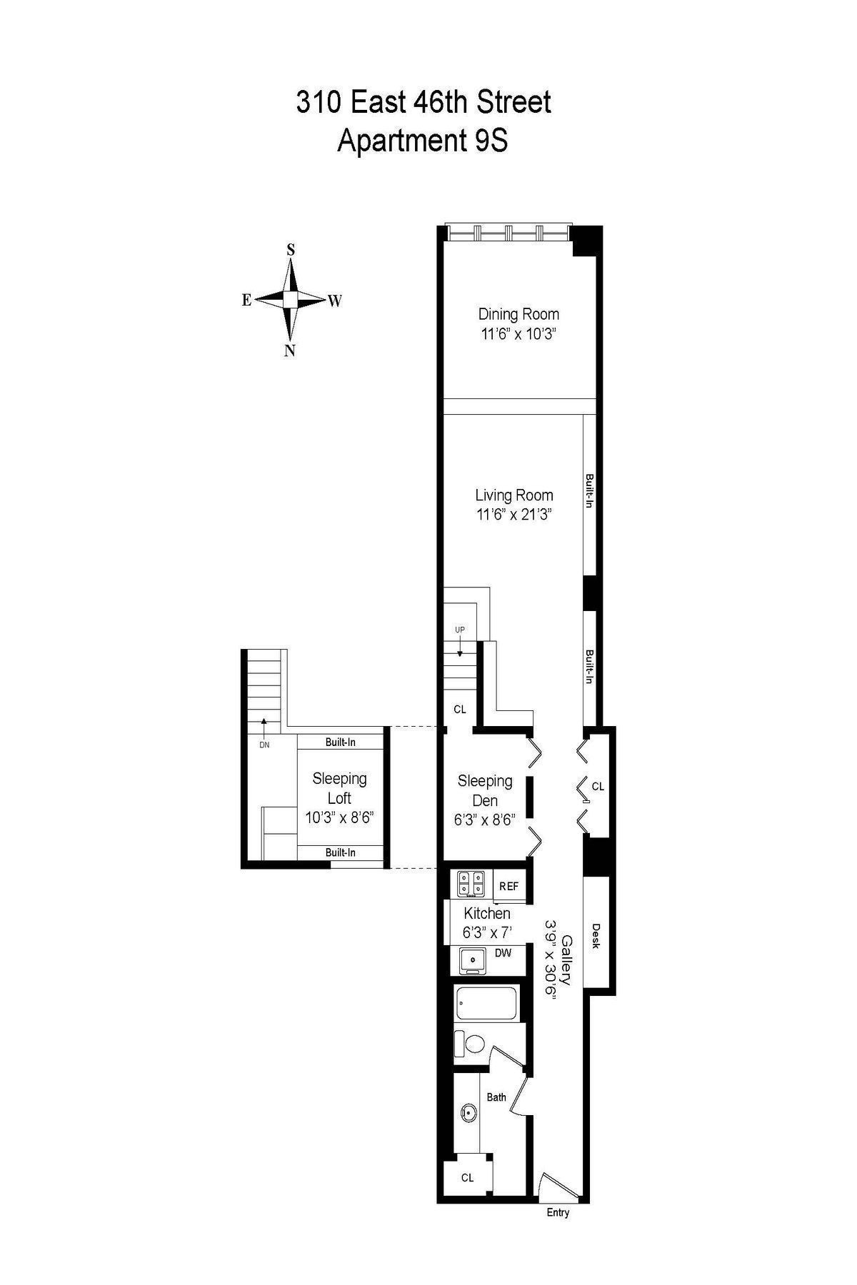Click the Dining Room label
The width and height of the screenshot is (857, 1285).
click(x=518, y=314)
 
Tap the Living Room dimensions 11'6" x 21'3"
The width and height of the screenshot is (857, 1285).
click(x=514, y=514)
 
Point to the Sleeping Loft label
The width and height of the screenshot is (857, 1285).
click(x=339, y=788)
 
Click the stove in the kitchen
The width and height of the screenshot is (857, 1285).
click(x=471, y=884)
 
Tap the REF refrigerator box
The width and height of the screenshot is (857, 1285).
click(x=509, y=886)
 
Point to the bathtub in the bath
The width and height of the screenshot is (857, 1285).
click(x=490, y=1004)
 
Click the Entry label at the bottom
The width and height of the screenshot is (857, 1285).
click(x=558, y=1212)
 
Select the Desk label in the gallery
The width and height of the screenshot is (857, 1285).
click(x=596, y=936)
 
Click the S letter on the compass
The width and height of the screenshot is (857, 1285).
click(x=291, y=249)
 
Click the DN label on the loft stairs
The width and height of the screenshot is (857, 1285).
click(x=264, y=745)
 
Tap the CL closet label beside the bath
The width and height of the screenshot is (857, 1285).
click(x=467, y=1178)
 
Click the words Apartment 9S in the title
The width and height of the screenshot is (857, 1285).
click(x=423, y=141)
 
